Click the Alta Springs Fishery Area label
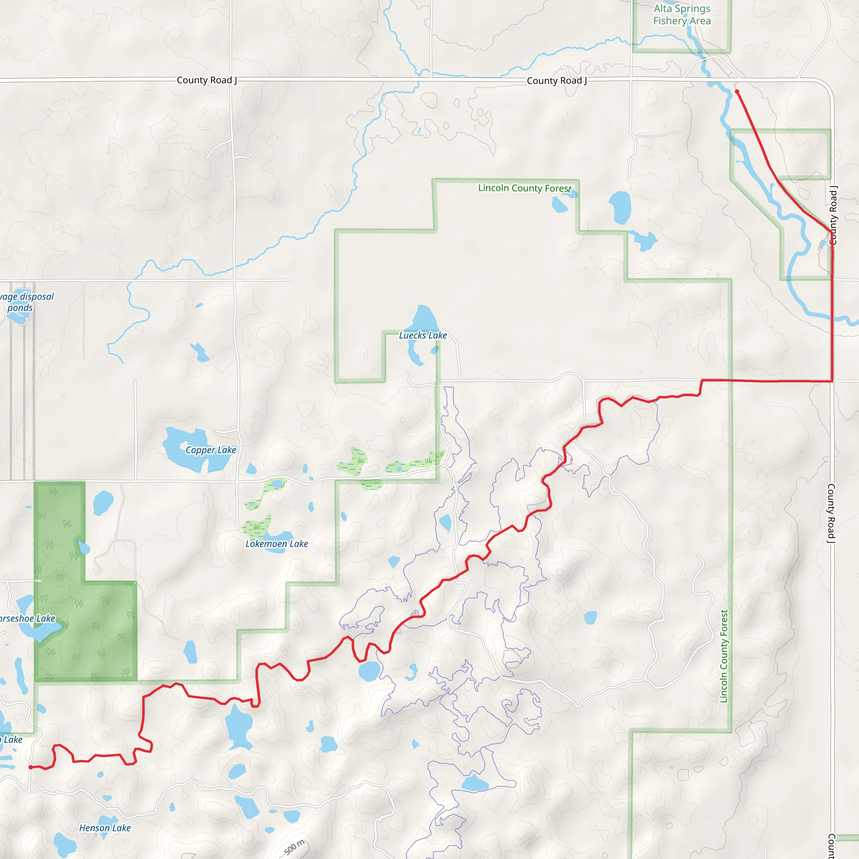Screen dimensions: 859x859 682,15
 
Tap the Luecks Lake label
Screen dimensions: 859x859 422,335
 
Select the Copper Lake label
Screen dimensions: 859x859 211,450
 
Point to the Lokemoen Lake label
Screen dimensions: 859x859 276,544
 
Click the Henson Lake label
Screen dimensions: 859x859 105,828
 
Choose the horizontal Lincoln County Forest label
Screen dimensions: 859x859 524,188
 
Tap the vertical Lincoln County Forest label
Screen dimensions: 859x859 724,656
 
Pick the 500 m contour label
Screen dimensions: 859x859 294,847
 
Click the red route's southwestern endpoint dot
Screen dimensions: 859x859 30,768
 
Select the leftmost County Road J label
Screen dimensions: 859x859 207,80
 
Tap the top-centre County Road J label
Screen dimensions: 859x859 557,81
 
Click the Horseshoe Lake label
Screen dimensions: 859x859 27,619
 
